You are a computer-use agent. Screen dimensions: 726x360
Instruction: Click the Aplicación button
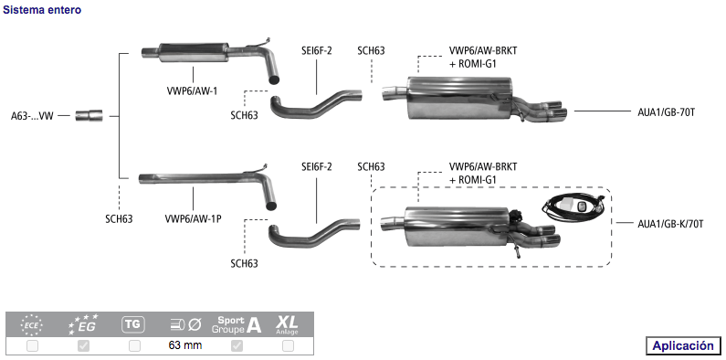point(683,345)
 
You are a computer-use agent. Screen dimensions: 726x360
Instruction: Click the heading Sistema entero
point(42,10)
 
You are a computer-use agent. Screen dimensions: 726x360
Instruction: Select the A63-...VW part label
point(32,116)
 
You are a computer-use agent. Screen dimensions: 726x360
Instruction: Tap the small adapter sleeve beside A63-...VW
point(89,115)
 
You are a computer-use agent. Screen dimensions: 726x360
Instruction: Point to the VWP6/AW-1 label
point(192,90)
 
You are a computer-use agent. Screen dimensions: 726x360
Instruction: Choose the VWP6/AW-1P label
point(193,218)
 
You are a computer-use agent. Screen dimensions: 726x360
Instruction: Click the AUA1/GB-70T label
point(666,111)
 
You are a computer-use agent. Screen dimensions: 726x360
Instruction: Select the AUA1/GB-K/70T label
point(670,224)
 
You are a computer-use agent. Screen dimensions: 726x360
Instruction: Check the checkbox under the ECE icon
point(32,345)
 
